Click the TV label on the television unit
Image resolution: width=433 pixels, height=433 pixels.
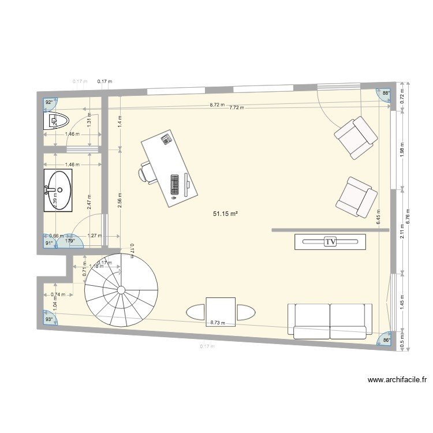pyautogui.click(x=330, y=242)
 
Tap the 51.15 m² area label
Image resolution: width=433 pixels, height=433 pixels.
pyautogui.click(x=226, y=214)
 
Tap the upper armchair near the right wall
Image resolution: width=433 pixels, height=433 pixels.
pyautogui.click(x=356, y=137)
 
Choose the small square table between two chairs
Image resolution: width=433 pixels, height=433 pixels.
pyautogui.click(x=221, y=312)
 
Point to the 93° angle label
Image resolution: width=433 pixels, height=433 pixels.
pyautogui.click(x=49, y=319)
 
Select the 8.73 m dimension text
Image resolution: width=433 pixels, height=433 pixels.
pyautogui.click(x=218, y=323)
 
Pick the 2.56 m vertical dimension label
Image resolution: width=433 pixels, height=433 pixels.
pyautogui.click(x=120, y=199)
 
